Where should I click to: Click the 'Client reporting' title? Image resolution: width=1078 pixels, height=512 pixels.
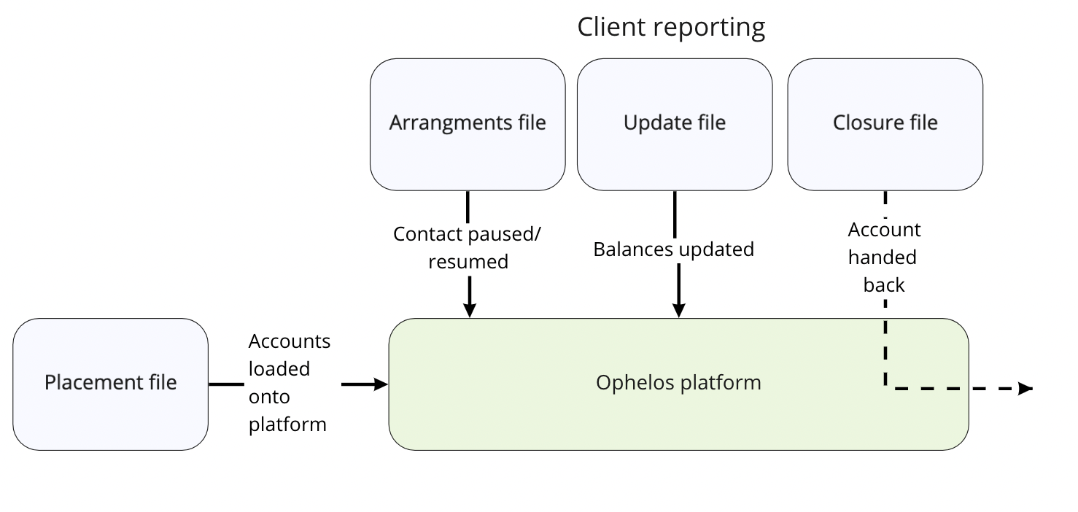[671, 28]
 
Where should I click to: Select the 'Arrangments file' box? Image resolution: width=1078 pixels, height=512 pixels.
[468, 125]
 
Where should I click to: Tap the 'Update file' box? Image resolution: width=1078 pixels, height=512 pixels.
[675, 125]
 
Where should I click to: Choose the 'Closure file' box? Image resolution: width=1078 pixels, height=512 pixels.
[885, 125]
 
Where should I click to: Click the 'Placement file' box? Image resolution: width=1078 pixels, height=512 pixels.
[111, 384]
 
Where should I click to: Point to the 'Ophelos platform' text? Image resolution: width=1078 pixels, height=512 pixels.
[678, 383]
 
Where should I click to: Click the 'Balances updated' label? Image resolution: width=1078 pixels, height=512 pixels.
[674, 249]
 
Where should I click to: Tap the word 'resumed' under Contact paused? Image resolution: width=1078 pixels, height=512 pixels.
[468, 262]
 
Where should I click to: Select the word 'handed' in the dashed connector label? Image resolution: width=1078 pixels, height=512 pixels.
[882, 257]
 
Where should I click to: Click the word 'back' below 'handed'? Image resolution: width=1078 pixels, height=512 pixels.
[884, 285]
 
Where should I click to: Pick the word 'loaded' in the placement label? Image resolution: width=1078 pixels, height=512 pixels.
[279, 369]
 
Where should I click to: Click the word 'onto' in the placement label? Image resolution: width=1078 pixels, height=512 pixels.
[269, 397]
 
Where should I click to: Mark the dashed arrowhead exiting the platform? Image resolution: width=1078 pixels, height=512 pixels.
[1025, 388]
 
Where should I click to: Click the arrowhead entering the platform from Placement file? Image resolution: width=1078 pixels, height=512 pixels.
[381, 384]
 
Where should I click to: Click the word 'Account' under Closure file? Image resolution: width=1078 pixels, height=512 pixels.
[884, 230]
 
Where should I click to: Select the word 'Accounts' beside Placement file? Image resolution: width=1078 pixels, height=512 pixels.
[290, 341]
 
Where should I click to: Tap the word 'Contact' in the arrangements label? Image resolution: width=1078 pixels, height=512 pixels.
[428, 234]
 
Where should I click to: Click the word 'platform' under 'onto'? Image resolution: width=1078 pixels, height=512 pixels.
[287, 425]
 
